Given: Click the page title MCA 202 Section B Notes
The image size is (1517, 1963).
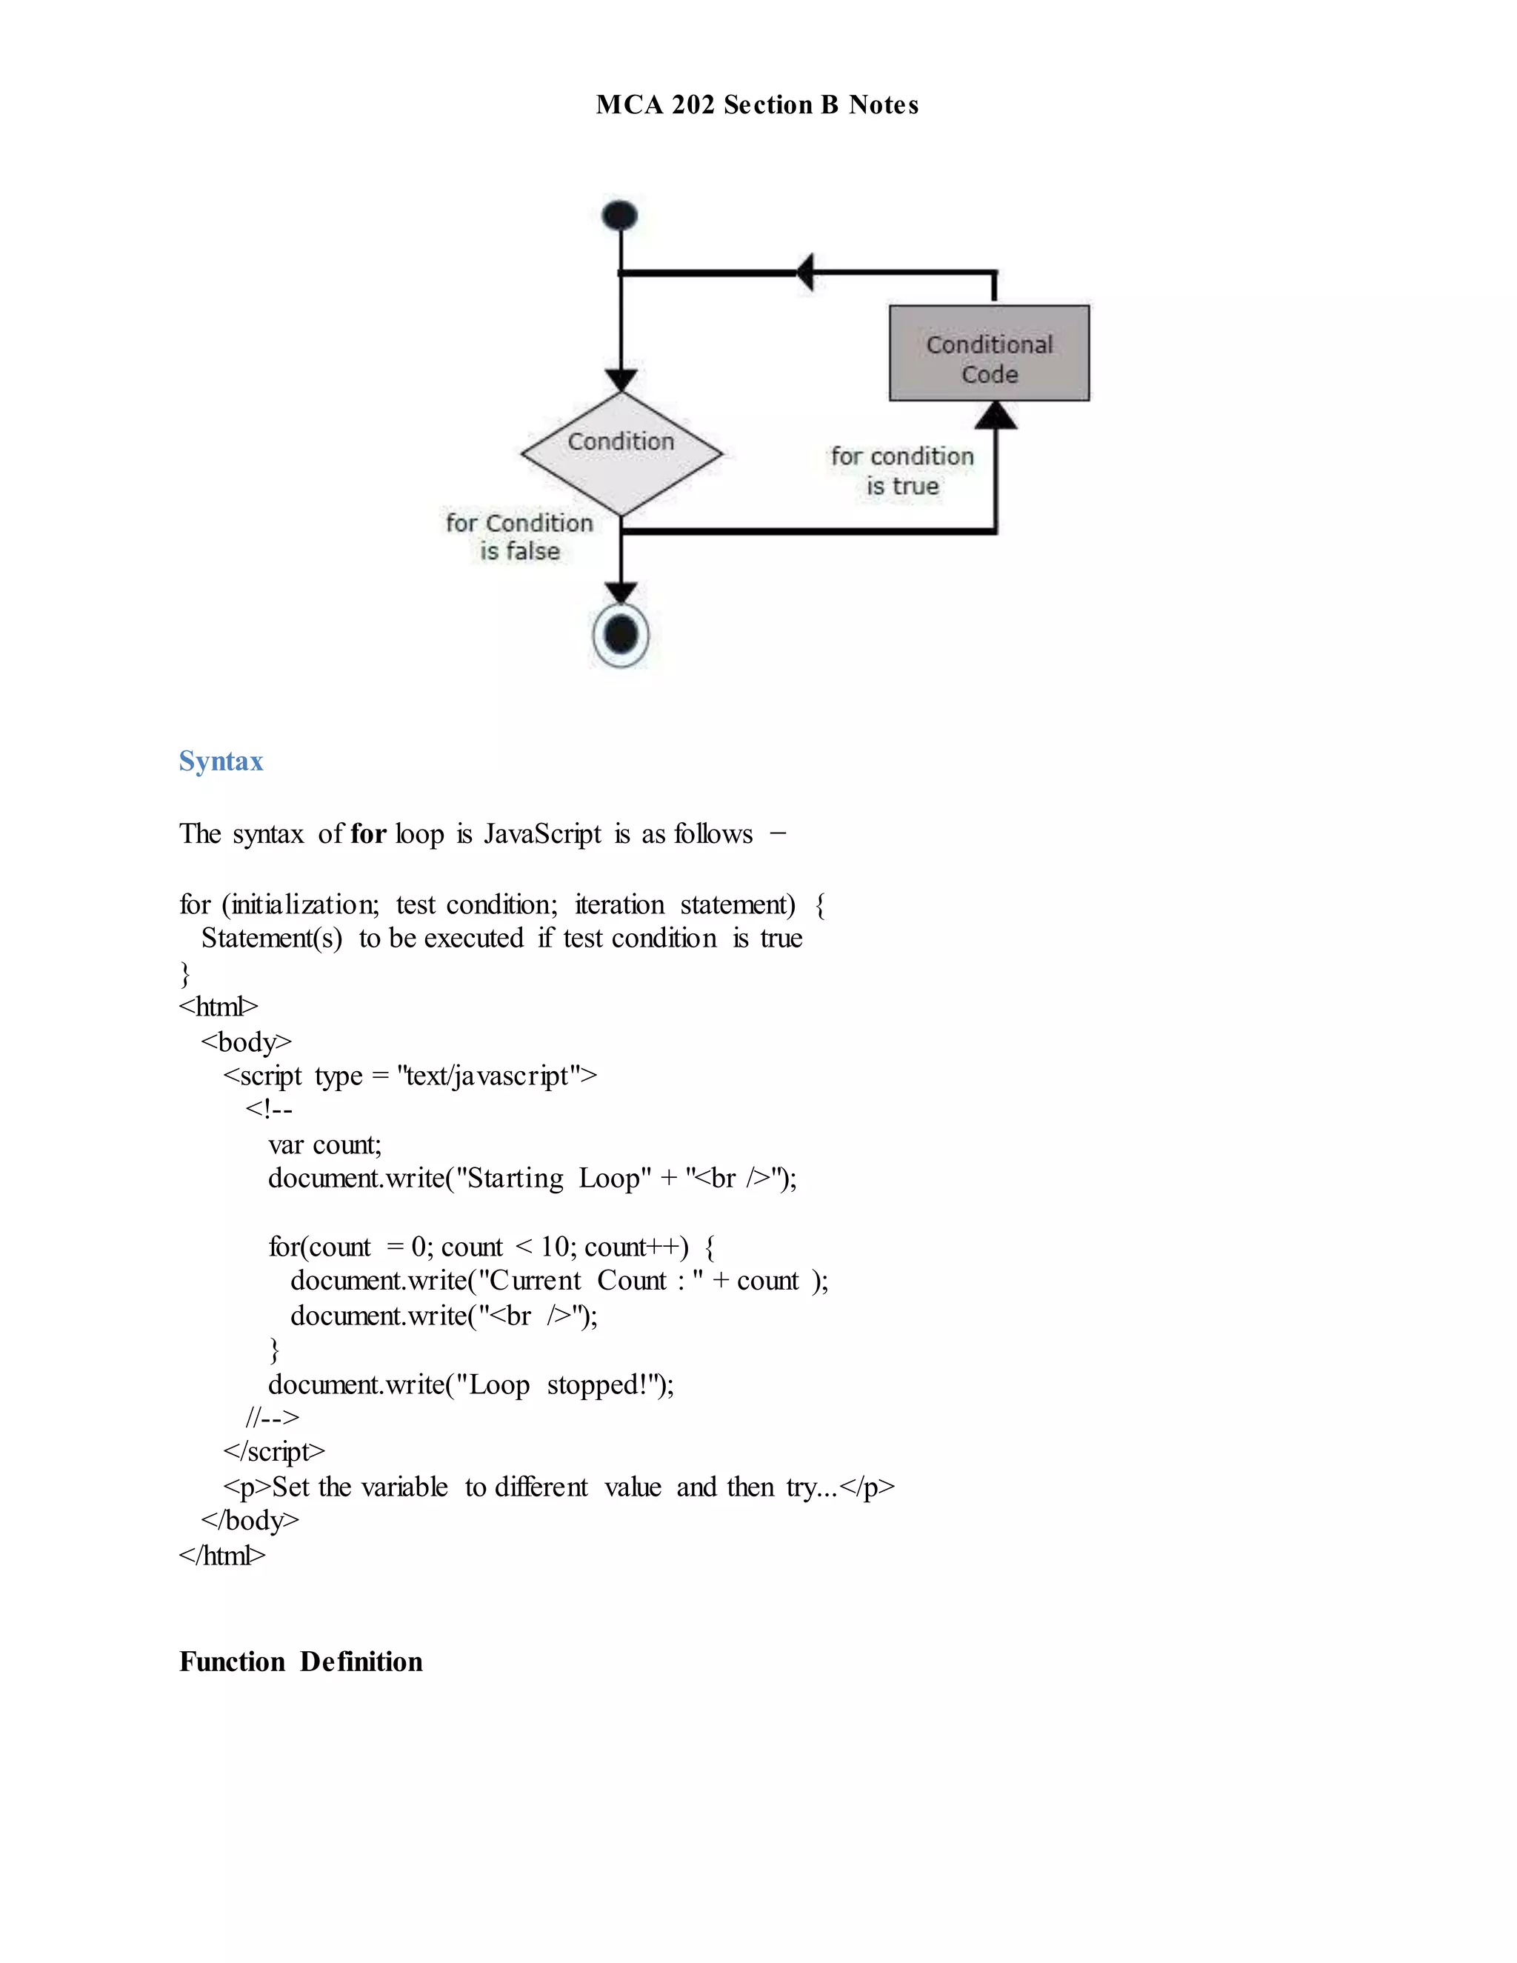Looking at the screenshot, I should point(757,105).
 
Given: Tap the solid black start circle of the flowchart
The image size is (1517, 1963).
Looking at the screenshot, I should point(620,216).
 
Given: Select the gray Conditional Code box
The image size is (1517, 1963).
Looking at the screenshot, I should point(989,353).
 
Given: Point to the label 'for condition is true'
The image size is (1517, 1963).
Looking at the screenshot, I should point(902,471).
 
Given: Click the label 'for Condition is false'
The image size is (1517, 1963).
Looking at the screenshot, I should point(519,536).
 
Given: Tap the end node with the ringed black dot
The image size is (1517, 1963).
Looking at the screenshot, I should point(621,636).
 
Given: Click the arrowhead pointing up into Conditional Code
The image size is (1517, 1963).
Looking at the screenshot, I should point(996,416).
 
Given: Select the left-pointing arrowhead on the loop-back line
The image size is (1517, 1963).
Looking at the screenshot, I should point(806,271).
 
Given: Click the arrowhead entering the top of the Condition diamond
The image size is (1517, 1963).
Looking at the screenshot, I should point(621,379).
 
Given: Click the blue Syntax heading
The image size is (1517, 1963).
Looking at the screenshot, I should point(221,761).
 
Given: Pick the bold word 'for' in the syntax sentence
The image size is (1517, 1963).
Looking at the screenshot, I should point(367,834).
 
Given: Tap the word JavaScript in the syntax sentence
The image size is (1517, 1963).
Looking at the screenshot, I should point(543,834).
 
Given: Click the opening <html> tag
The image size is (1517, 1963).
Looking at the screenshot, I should point(219,1007).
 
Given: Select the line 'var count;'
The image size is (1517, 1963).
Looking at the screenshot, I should point(324,1145).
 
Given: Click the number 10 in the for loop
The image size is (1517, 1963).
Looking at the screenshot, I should point(556,1247).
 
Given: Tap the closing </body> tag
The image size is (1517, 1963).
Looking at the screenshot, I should point(250,1521).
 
